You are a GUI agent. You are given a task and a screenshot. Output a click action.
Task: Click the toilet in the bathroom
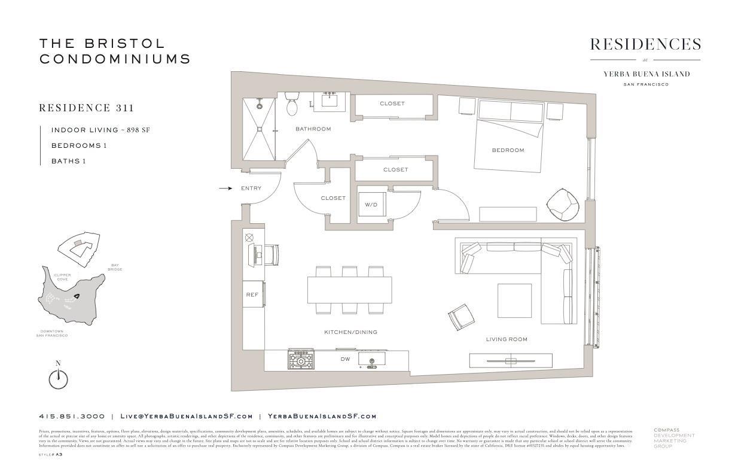click(x=292, y=105)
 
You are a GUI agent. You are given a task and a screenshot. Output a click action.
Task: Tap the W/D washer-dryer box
click(x=371, y=204)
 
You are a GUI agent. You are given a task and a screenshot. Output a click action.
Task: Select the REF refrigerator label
click(x=252, y=295)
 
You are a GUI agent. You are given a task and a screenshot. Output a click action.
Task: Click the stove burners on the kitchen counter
click(x=301, y=361)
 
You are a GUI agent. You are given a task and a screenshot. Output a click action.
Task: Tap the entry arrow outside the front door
click(x=225, y=188)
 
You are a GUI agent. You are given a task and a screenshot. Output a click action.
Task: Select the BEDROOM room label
click(x=508, y=150)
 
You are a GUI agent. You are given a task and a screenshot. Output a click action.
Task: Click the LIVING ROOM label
click(x=507, y=339)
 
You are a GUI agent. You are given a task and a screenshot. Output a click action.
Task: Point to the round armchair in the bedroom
click(x=563, y=205)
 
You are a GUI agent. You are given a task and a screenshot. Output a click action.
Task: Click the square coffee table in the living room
click(x=514, y=300)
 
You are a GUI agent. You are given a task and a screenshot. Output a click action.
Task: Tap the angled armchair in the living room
click(x=462, y=317)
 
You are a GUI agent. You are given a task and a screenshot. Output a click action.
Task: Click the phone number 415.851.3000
click(x=72, y=417)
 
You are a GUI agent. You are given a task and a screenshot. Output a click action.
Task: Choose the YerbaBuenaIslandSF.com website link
click(x=322, y=417)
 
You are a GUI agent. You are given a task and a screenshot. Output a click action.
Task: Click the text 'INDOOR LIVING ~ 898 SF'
click(x=100, y=130)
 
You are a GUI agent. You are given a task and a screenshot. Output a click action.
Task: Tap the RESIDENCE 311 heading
click(x=86, y=108)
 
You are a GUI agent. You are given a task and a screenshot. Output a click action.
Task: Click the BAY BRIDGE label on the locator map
click(x=115, y=267)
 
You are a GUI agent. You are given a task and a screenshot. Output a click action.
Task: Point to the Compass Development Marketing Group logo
click(x=673, y=437)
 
